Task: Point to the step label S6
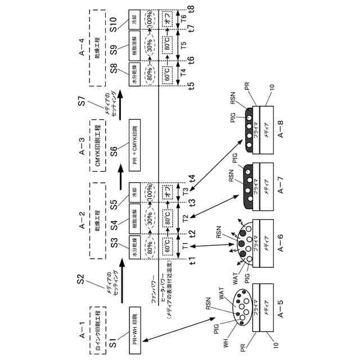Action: tap(114, 151)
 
